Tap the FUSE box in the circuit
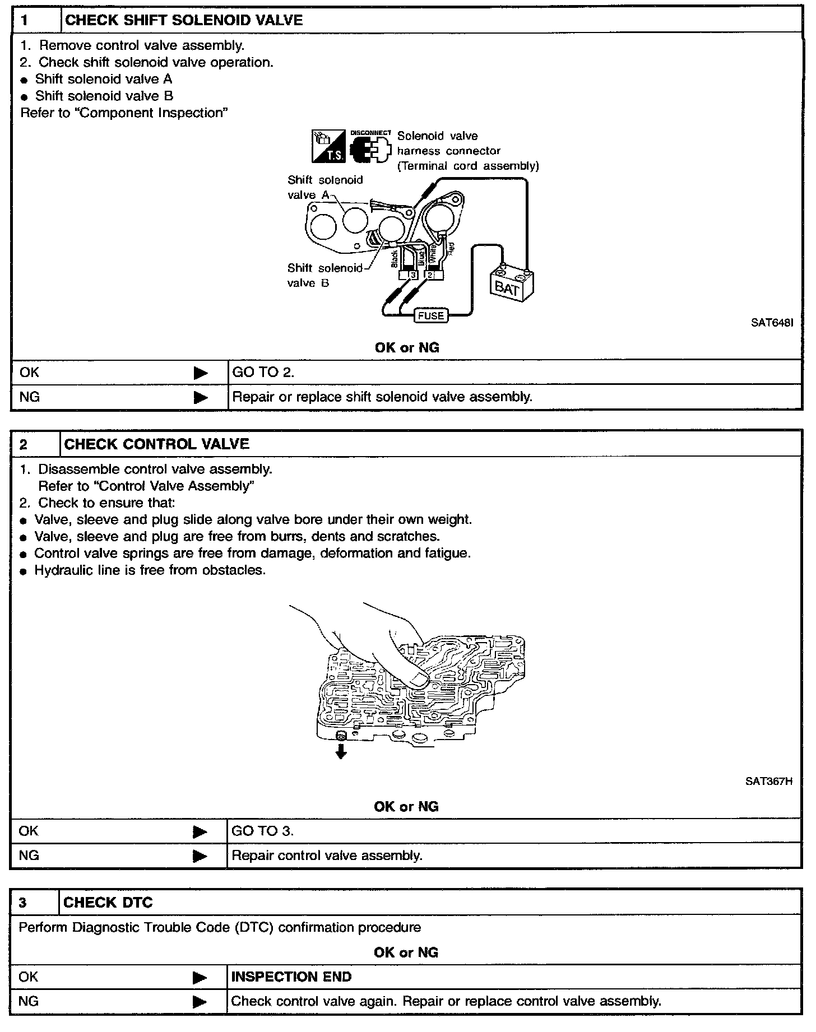coord(430,315)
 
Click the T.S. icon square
coord(328,147)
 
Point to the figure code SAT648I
coord(772,323)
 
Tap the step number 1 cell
coord(36,21)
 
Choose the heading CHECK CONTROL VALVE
coord(157,444)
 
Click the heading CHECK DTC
coord(108,903)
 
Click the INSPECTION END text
coord(291,977)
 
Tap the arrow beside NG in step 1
coord(200,397)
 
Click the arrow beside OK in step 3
coord(200,978)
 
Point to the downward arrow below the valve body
coord(340,752)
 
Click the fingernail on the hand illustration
coord(418,681)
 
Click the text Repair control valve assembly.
coord(327,856)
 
